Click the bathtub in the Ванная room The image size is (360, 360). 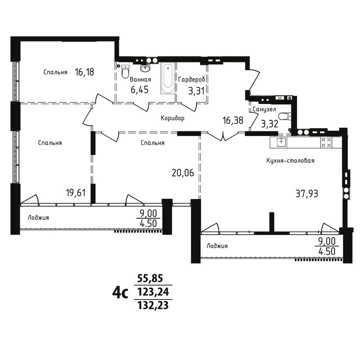[x=168, y=78]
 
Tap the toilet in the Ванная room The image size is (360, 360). [x=125, y=71]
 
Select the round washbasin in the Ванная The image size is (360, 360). [x=145, y=68]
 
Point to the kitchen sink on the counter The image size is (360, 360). [x=281, y=142]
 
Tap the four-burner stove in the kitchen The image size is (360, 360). [x=326, y=142]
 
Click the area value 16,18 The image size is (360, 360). [x=84, y=72]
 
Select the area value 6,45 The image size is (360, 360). [x=140, y=90]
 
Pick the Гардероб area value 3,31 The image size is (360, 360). [x=196, y=91]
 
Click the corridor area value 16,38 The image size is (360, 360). [x=233, y=120]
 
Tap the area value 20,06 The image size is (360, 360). [x=183, y=173]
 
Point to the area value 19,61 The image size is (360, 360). [x=76, y=193]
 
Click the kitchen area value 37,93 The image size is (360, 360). [x=307, y=194]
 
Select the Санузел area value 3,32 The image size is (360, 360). [x=270, y=124]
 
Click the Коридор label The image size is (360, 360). [x=172, y=118]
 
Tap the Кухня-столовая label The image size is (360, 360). [x=290, y=161]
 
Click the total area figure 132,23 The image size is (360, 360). [x=153, y=306]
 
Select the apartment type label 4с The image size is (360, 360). [x=120, y=293]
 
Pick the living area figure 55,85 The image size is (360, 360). [x=150, y=278]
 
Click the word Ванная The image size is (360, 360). [x=140, y=80]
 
